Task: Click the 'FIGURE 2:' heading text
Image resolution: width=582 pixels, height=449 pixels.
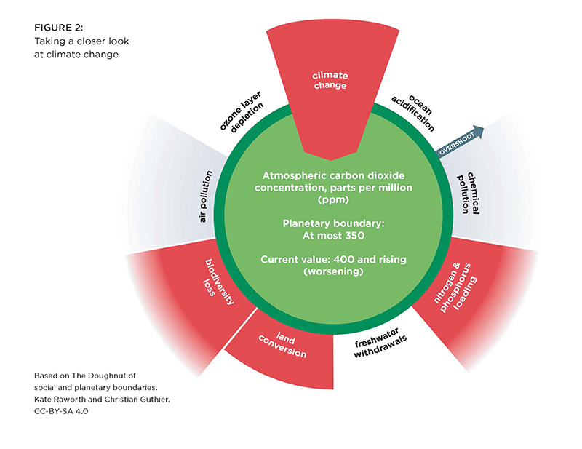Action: [59, 28]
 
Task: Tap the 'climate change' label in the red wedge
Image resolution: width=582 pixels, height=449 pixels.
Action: [330, 80]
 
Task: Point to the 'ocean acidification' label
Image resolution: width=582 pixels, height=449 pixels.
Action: [413, 113]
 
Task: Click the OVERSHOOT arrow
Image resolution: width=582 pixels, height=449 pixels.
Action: [461, 143]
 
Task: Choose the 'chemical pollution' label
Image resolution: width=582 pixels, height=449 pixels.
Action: [469, 193]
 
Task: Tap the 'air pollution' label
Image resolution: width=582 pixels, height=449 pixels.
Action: [206, 196]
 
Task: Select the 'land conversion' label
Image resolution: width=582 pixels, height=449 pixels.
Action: [283, 346]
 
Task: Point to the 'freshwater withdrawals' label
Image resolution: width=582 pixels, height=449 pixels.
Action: [380, 343]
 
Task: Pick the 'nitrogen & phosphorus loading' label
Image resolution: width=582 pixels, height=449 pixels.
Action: [455, 287]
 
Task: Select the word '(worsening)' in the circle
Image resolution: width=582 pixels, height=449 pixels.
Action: [333, 271]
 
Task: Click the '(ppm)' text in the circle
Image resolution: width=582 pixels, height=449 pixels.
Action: [333, 200]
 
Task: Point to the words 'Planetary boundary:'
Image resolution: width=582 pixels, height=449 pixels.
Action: [333, 223]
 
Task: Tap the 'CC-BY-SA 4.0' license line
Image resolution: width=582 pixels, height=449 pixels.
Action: [61, 411]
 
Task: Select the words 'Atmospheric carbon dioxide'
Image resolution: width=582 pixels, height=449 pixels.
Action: [333, 175]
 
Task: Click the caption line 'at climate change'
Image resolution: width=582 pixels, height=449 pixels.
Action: [76, 55]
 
